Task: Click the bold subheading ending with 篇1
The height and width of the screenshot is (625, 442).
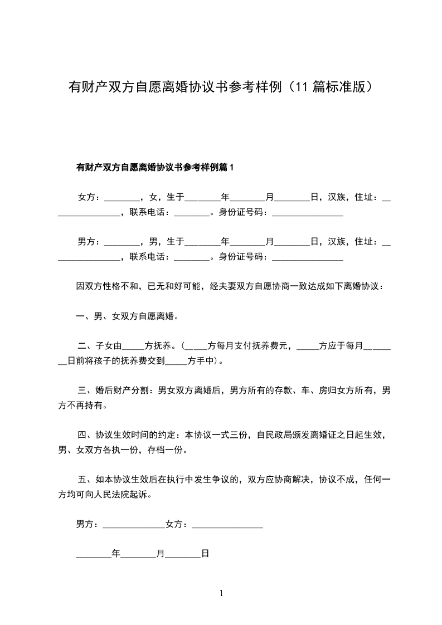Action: (x=156, y=167)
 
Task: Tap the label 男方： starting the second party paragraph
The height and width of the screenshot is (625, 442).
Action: (x=89, y=241)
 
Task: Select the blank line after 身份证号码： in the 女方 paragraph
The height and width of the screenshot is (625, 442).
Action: (x=307, y=212)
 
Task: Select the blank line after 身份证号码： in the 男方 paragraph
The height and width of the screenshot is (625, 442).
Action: (x=307, y=256)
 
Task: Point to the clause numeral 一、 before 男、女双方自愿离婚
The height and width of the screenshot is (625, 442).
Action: (x=85, y=316)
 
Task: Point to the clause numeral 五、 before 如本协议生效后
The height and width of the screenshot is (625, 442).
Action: (x=85, y=479)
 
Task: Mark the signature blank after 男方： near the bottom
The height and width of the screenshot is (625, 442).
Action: (x=134, y=524)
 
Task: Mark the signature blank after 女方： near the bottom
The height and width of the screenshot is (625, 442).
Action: (x=227, y=524)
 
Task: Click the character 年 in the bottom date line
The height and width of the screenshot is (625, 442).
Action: (x=116, y=554)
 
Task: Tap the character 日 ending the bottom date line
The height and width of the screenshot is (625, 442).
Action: (x=205, y=554)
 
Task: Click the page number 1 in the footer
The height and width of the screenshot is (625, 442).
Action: (x=221, y=593)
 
